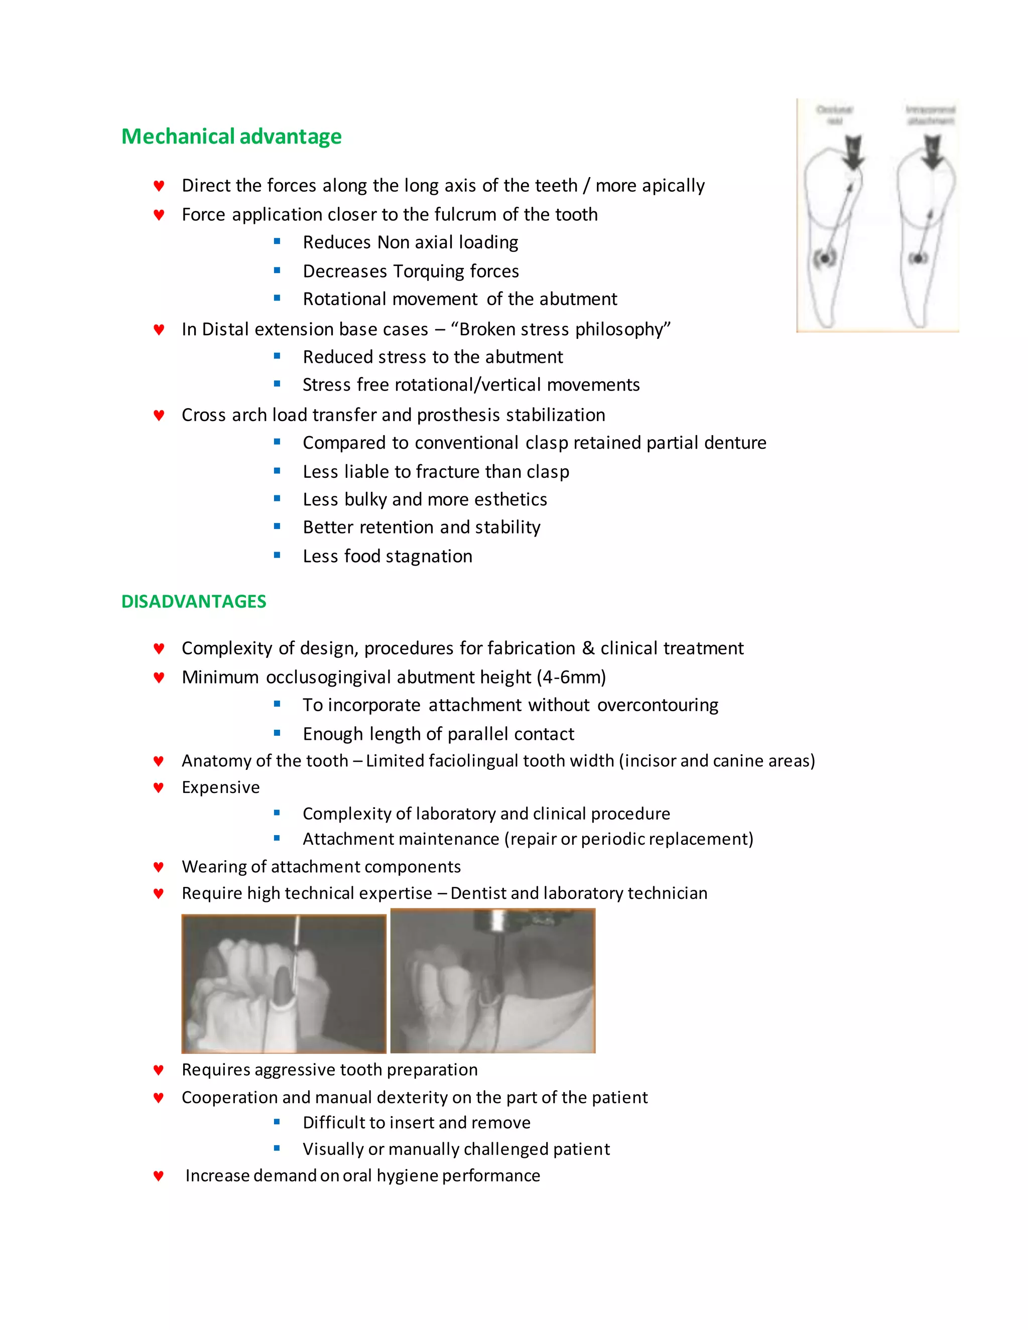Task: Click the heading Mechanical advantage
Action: click(x=231, y=137)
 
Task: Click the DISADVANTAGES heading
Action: click(x=194, y=601)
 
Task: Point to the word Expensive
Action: click(x=220, y=787)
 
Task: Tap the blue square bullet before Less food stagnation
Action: click(x=277, y=556)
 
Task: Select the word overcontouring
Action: click(x=658, y=705)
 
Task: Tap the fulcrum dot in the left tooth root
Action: click(x=825, y=258)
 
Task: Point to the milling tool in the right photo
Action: click(x=499, y=944)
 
